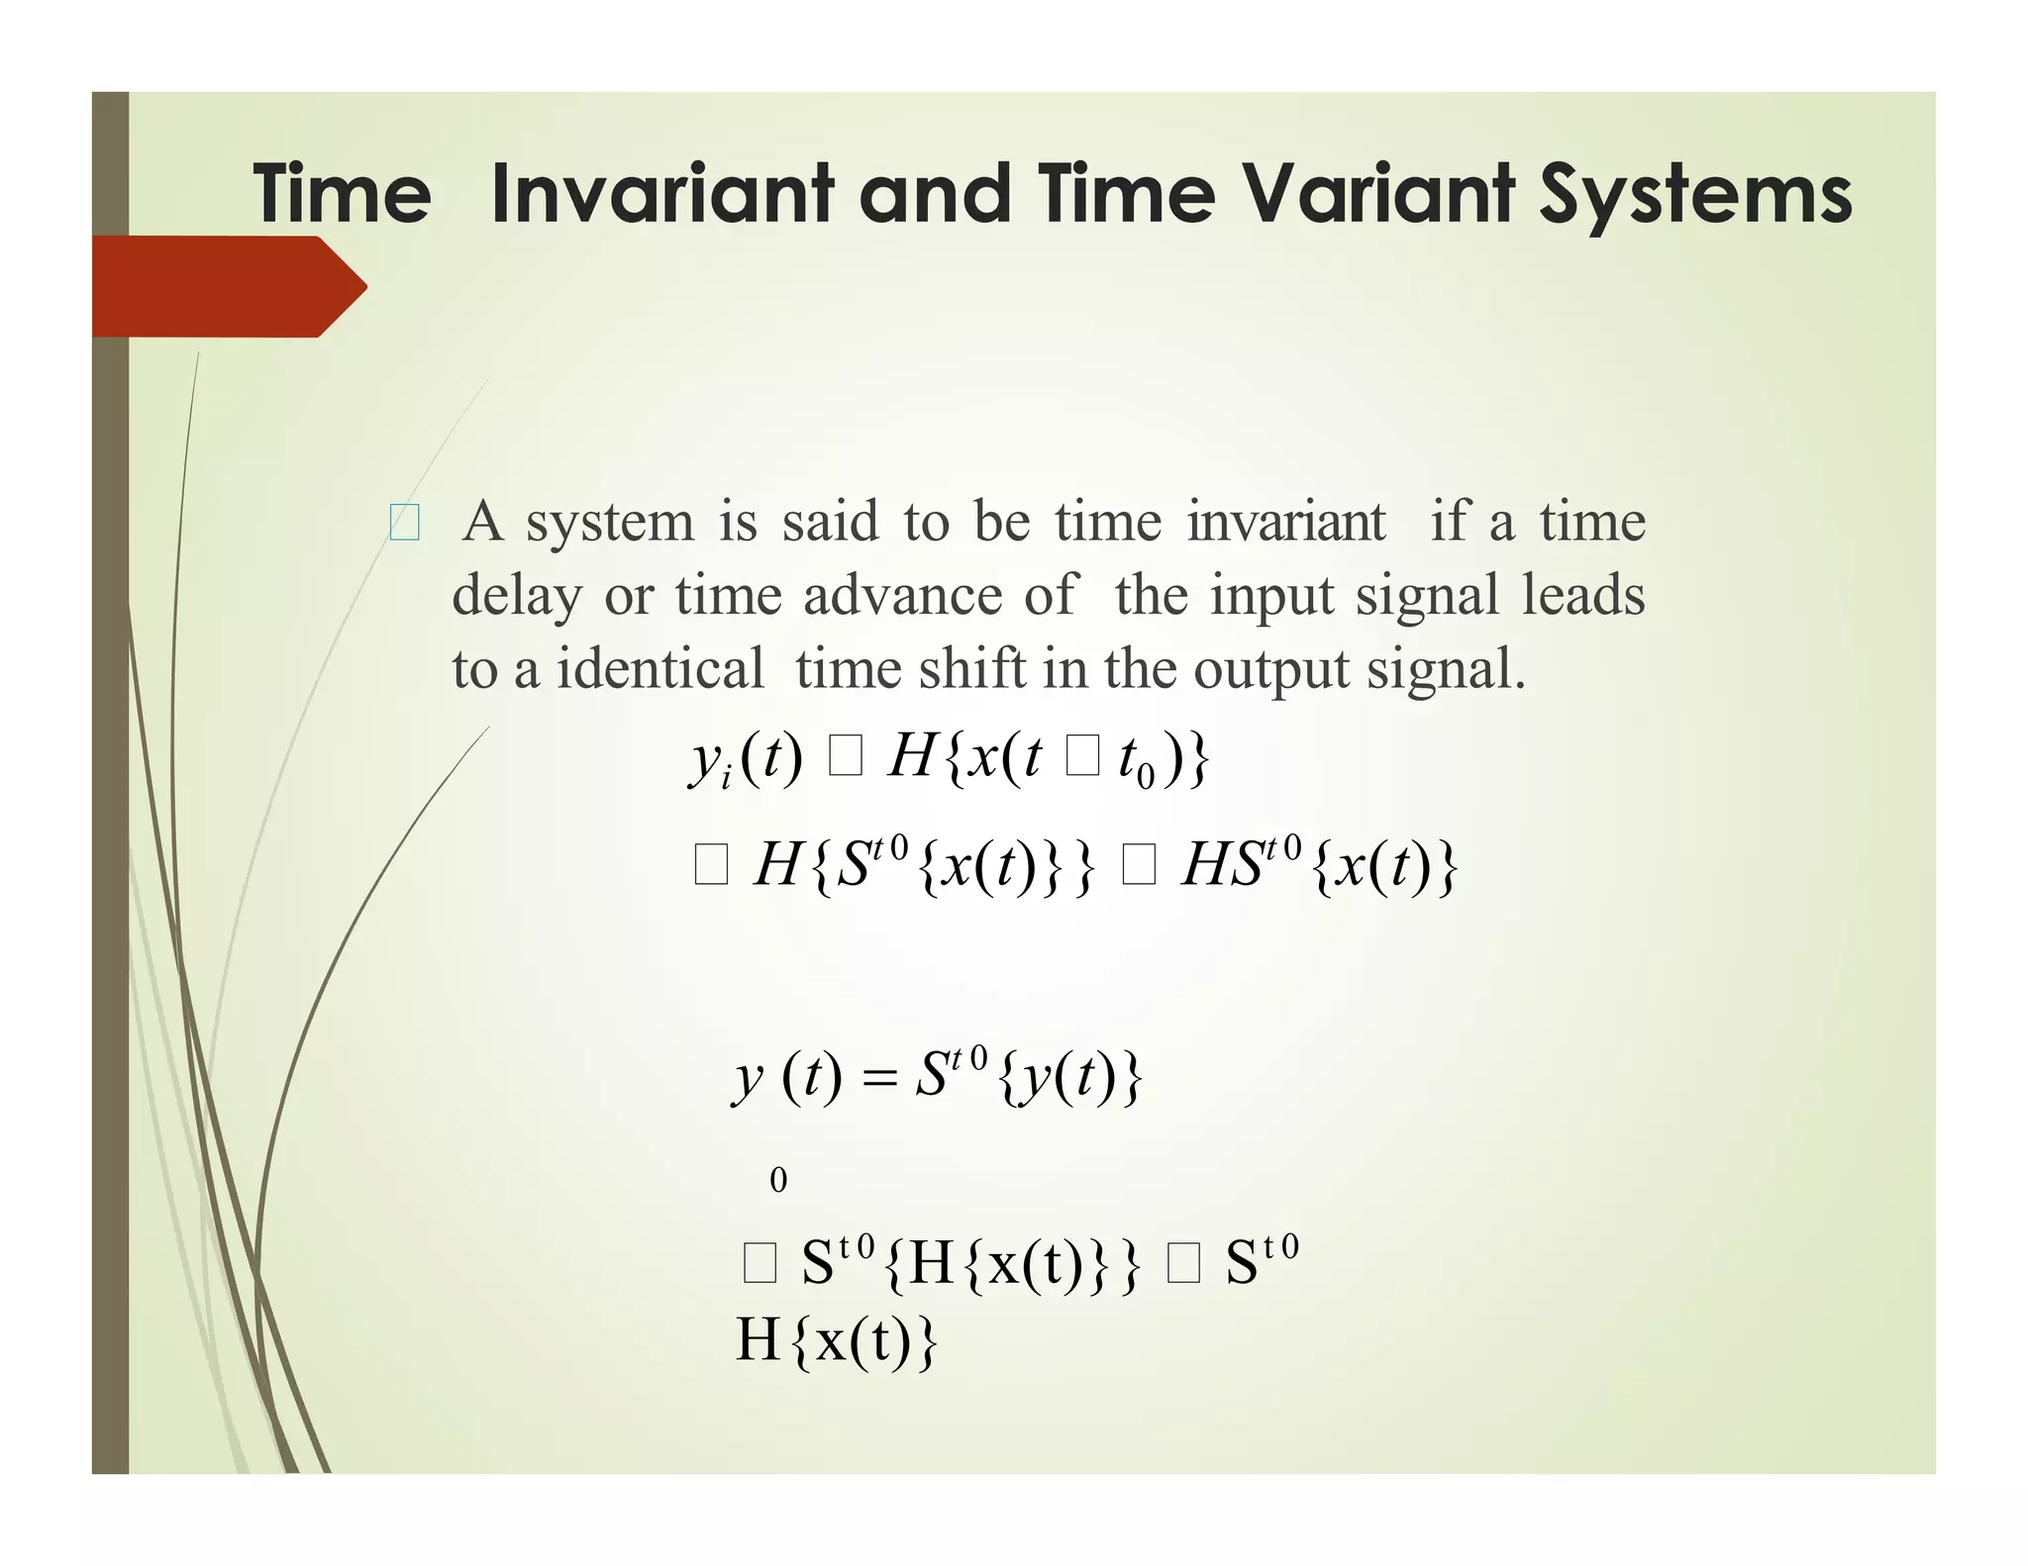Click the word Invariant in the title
click(x=661, y=194)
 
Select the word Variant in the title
click(x=1377, y=194)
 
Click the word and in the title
click(x=936, y=194)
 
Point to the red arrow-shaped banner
click(x=228, y=287)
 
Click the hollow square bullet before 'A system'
click(x=404, y=523)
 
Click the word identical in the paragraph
click(x=659, y=669)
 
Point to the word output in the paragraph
click(x=1269, y=671)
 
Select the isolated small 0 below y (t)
click(x=778, y=1180)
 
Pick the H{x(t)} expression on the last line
click(x=836, y=1341)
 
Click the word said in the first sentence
click(x=830, y=522)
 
